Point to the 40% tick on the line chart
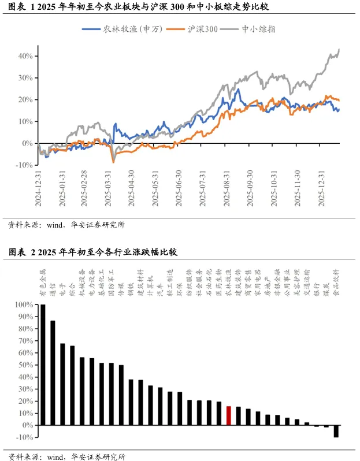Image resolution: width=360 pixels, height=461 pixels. coord(26,56)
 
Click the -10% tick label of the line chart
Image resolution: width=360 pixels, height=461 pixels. coord(25,165)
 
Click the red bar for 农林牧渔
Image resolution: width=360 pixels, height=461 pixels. coord(229,415)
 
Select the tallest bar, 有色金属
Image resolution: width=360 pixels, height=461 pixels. coord(43,365)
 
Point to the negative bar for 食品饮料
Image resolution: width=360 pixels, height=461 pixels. coord(336,431)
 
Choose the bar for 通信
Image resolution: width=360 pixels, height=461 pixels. coord(53,373)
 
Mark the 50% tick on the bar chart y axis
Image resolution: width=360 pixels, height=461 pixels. coord(25,365)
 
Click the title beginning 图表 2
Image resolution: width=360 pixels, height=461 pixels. coord(93,252)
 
